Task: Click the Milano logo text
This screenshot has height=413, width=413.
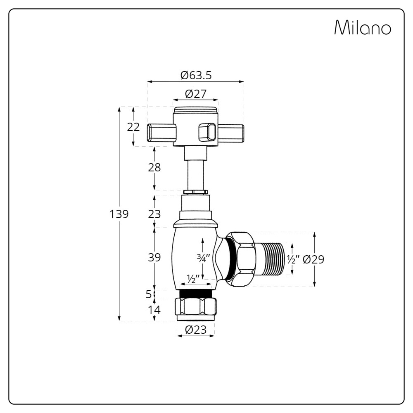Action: click(x=362, y=28)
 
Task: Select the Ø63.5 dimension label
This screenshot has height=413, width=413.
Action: click(x=196, y=75)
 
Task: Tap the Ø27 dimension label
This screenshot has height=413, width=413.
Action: click(x=195, y=94)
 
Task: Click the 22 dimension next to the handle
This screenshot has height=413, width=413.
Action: click(x=133, y=127)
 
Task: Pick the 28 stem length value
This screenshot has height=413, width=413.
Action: click(x=154, y=168)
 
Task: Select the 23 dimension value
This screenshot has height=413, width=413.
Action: click(x=154, y=214)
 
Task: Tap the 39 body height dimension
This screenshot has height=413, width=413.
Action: click(x=154, y=257)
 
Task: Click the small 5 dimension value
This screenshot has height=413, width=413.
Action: click(x=149, y=294)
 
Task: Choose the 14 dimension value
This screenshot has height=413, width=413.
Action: click(x=154, y=310)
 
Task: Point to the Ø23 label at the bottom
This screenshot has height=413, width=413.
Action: click(x=196, y=330)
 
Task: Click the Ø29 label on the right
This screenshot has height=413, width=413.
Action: click(x=313, y=259)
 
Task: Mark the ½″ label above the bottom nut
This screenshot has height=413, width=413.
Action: click(x=193, y=279)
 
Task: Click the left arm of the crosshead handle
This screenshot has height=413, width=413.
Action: click(x=161, y=133)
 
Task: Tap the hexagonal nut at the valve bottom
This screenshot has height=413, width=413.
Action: click(x=196, y=306)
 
